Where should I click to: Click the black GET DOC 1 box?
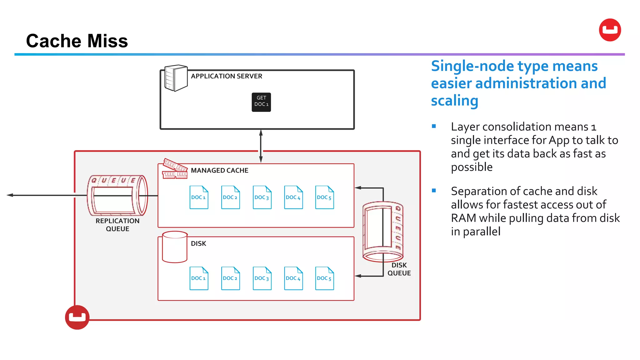click(261, 102)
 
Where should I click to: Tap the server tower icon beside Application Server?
click(176, 78)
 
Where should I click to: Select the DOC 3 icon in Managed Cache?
click(262, 197)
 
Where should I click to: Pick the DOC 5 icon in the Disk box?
click(324, 278)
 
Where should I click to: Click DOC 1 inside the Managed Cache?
click(199, 197)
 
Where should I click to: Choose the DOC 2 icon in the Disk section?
click(230, 278)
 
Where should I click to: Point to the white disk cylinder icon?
click(175, 247)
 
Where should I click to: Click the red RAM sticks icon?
click(175, 169)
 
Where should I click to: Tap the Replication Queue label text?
click(117, 225)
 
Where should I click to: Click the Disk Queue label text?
click(399, 269)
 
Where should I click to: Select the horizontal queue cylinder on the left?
click(117, 196)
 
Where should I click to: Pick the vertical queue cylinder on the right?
click(383, 231)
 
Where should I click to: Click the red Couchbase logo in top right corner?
click(610, 30)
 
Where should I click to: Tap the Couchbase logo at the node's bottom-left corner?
click(77, 317)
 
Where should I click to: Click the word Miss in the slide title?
click(107, 41)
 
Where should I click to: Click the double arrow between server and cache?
click(261, 146)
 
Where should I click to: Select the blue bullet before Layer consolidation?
click(434, 126)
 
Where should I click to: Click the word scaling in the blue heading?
click(454, 101)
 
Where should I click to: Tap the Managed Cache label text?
click(219, 171)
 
